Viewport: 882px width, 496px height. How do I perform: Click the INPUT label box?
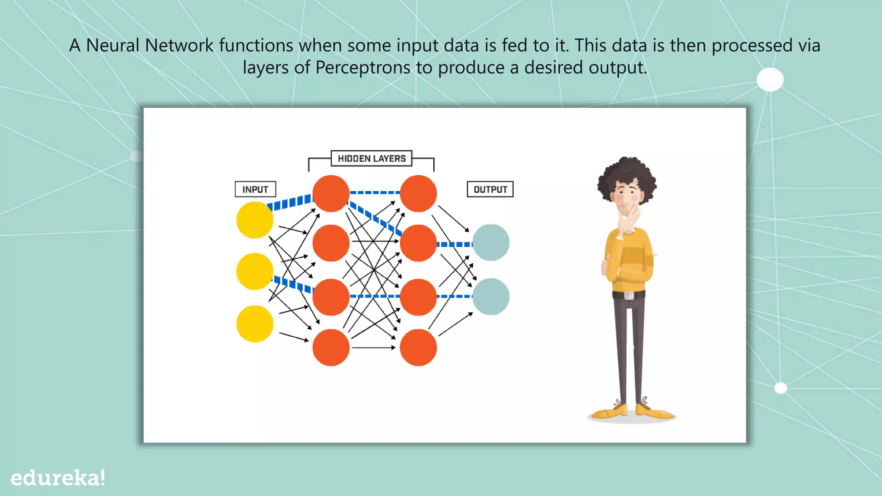pyautogui.click(x=255, y=189)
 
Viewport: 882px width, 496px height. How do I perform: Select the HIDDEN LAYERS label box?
pyautogui.click(x=371, y=158)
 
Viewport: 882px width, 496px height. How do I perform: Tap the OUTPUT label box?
pyautogui.click(x=490, y=189)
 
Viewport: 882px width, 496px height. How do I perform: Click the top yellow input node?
pyautogui.click(x=255, y=220)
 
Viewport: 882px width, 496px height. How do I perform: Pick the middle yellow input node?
pyautogui.click(x=255, y=271)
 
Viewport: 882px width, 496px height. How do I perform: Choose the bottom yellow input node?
pyautogui.click(x=255, y=324)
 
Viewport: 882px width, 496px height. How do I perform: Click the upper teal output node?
pyautogui.click(x=491, y=242)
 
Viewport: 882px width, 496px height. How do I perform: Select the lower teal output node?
pyautogui.click(x=491, y=297)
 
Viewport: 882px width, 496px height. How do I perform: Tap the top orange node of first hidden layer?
pyautogui.click(x=331, y=193)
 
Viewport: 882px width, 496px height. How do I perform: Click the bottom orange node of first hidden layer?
pyautogui.click(x=331, y=347)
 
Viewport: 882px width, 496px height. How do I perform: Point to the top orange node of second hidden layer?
pyautogui.click(x=418, y=193)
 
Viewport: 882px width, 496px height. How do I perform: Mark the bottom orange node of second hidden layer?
pyautogui.click(x=418, y=347)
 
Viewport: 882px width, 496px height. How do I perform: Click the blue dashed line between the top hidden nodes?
pyautogui.click(x=374, y=192)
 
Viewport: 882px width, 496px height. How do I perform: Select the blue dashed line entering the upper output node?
pyautogui.click(x=455, y=245)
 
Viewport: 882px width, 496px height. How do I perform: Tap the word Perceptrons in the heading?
pyautogui.click(x=363, y=68)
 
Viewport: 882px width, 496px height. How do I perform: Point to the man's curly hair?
pyautogui.click(x=627, y=172)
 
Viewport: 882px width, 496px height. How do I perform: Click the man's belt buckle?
pyautogui.click(x=629, y=295)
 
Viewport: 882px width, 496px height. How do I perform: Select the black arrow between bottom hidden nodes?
pyautogui.click(x=373, y=347)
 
